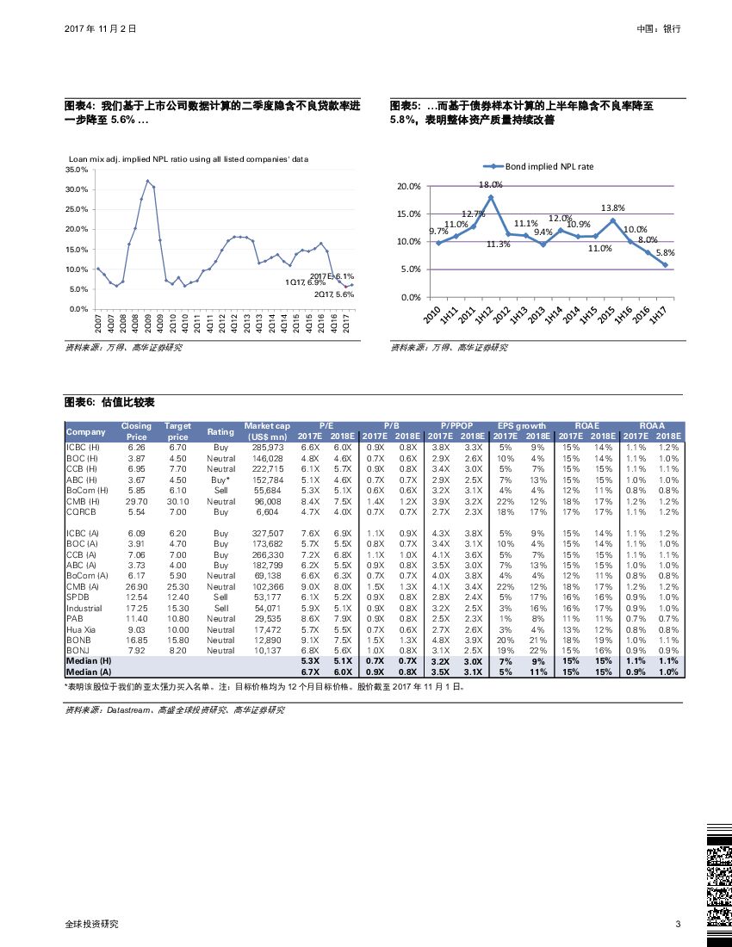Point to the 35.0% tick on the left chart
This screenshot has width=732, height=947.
[78, 170]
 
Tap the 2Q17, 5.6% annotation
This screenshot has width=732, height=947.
[334, 294]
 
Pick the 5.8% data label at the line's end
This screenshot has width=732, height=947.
[665, 253]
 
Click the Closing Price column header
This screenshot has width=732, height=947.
[136, 431]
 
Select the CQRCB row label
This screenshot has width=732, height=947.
[82, 511]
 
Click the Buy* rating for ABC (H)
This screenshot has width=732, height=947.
[220, 480]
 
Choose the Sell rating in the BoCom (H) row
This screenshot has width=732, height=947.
[220, 490]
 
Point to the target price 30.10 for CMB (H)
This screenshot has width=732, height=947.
[177, 501]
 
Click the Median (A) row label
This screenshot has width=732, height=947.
[89, 672]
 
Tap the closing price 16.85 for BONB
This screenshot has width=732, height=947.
[136, 640]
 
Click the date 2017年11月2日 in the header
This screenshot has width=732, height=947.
[101, 28]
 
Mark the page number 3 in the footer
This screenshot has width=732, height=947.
[678, 925]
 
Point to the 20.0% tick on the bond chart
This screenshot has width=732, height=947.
[409, 187]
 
